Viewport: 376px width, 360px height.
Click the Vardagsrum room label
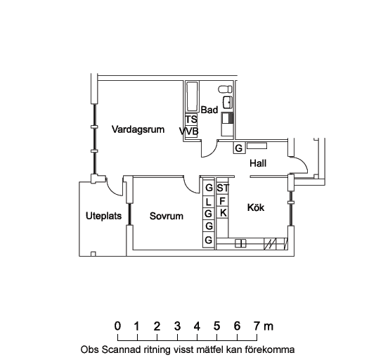click(138, 130)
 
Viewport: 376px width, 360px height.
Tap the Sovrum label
click(167, 216)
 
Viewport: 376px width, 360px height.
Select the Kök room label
click(256, 207)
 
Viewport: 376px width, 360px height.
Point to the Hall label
click(258, 163)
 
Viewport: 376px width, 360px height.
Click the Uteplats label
click(103, 216)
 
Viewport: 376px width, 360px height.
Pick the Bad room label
click(209, 110)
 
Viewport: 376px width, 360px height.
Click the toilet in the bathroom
click(225, 89)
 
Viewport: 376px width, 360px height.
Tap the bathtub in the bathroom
click(192, 96)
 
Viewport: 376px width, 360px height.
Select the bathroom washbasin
click(227, 103)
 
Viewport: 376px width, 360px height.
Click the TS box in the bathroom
click(191, 120)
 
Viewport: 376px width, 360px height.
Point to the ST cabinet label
click(223, 188)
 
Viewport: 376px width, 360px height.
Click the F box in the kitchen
click(222, 201)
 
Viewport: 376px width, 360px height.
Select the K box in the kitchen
click(223, 213)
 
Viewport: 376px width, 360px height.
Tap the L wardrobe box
click(209, 202)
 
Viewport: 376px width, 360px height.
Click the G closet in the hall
click(239, 148)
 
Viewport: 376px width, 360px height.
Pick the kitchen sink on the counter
click(240, 243)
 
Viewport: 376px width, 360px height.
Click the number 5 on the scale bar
click(216, 326)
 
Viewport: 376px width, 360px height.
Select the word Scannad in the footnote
click(121, 349)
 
